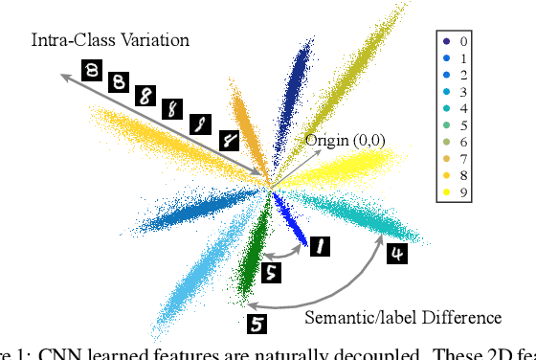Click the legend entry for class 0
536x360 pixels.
[x=455, y=42]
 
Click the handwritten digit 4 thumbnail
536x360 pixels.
[x=396, y=255]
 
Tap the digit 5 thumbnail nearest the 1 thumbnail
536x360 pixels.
[x=272, y=273]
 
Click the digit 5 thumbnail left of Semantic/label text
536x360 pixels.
[x=257, y=325]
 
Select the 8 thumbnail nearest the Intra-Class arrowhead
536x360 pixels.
[x=92, y=70]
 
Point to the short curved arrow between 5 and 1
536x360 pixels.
[x=286, y=255]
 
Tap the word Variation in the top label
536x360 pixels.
[x=155, y=40]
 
